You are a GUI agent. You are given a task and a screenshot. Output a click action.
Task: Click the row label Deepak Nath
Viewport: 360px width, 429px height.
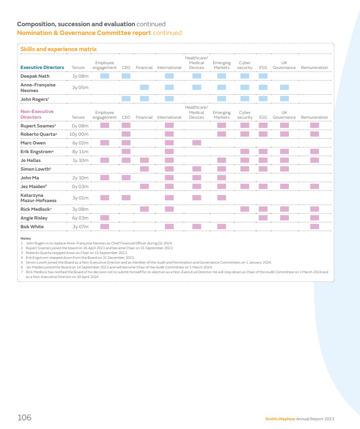click(35, 76)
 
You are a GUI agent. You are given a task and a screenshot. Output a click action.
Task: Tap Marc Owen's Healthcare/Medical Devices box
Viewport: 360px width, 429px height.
click(197, 143)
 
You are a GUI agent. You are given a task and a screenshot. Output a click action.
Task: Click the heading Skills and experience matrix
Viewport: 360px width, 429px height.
click(58, 49)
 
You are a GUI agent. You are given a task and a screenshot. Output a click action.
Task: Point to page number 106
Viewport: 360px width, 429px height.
click(24, 418)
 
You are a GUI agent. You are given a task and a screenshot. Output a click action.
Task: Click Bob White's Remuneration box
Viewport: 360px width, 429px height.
click(315, 227)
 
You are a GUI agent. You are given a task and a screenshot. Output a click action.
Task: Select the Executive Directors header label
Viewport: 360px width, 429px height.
click(42, 68)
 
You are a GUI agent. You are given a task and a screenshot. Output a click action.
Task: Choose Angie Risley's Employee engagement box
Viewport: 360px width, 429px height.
click(105, 218)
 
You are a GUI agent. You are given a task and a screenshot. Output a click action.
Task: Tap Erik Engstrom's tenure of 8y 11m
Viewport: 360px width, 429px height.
click(80, 151)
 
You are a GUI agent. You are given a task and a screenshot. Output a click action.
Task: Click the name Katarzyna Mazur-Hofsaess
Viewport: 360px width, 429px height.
click(38, 198)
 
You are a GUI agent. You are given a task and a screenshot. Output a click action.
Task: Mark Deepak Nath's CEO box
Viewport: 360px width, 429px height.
click(126, 76)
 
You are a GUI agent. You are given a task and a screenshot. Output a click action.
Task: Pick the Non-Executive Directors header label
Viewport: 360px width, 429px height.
click(37, 114)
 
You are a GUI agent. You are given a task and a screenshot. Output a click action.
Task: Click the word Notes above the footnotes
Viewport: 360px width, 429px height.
click(26, 238)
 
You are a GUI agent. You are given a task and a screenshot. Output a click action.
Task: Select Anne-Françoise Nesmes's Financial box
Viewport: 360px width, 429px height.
click(144, 87)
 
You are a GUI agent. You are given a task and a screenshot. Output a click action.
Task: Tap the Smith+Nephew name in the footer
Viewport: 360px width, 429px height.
click(280, 419)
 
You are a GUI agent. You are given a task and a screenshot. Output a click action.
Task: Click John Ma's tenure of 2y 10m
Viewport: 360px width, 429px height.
click(80, 178)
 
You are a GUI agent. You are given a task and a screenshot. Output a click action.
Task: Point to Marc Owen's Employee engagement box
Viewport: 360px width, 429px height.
click(105, 143)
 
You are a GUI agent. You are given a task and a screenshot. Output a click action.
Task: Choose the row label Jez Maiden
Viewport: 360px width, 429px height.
click(34, 186)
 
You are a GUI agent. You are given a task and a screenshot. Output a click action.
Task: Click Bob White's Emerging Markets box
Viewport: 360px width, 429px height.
click(222, 227)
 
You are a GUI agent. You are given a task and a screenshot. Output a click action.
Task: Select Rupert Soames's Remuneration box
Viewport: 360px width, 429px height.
click(315, 125)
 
